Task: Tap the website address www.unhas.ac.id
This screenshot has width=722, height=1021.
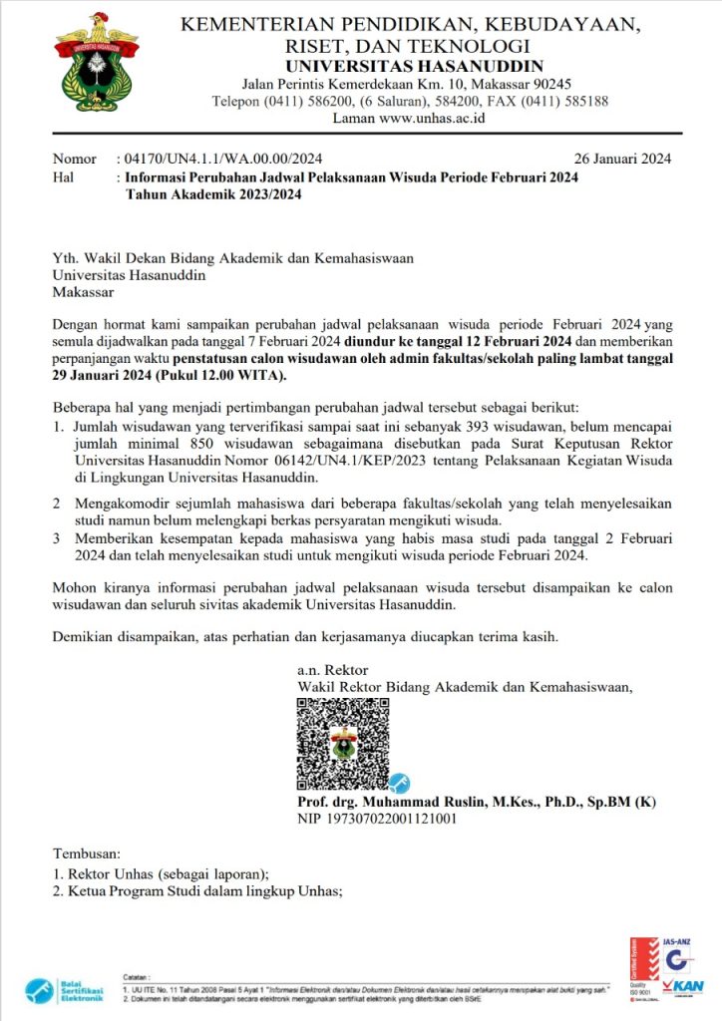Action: (x=433, y=118)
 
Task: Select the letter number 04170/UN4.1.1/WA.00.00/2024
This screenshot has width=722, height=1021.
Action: (x=224, y=159)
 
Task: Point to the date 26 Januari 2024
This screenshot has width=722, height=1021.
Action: (x=622, y=159)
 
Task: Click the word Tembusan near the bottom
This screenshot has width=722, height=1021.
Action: (x=86, y=854)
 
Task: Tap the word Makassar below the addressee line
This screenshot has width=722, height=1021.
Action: (x=84, y=293)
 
